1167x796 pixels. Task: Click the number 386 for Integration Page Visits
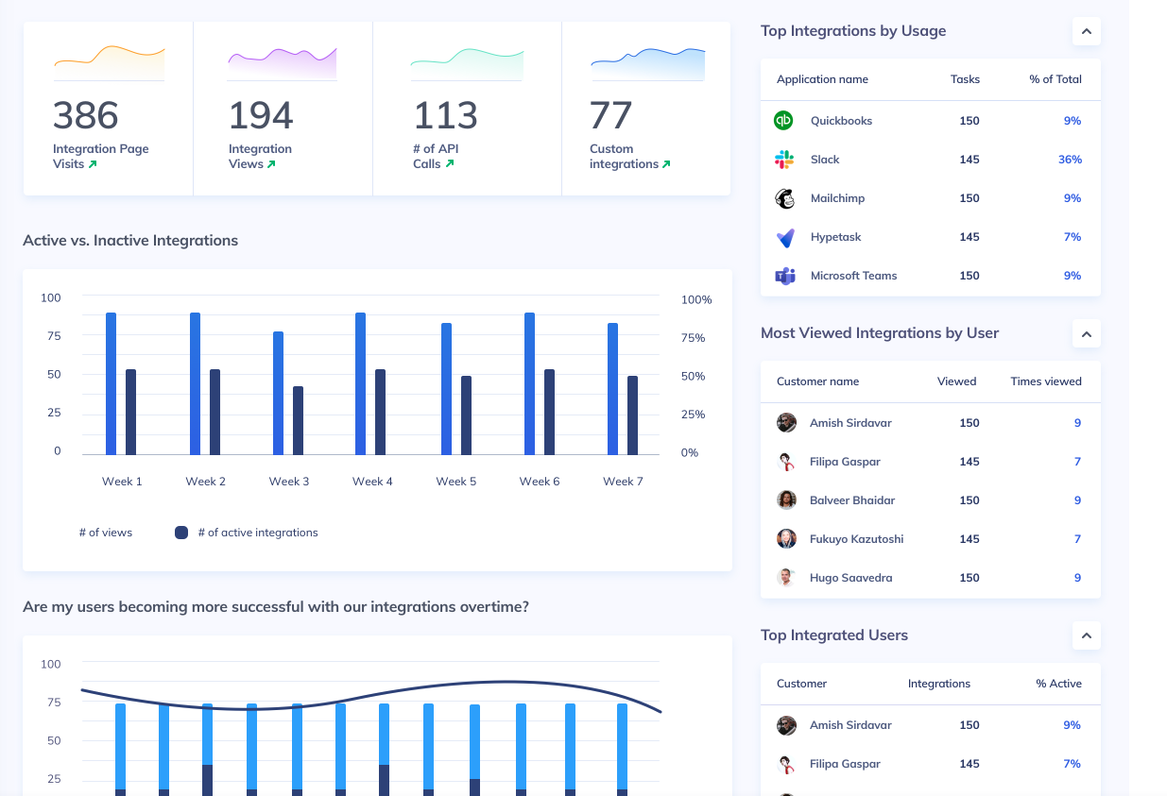pos(86,116)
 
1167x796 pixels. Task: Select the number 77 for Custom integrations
pos(610,116)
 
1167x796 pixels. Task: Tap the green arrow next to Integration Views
pos(271,164)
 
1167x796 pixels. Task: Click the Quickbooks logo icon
pos(784,121)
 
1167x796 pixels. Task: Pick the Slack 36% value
pos(1070,160)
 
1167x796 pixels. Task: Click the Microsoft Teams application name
pos(853,276)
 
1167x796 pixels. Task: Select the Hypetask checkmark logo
pos(784,237)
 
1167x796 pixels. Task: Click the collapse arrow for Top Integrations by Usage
pos(1087,31)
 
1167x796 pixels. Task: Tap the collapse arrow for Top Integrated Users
pos(1087,635)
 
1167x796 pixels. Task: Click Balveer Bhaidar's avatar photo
pos(786,500)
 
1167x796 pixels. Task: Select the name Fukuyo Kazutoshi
pos(856,539)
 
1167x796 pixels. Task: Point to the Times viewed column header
pos(1045,381)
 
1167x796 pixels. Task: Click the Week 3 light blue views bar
pos(278,393)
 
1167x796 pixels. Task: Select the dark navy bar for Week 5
pos(466,415)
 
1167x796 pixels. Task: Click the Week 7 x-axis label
pos(623,482)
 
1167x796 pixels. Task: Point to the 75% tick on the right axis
pos(693,338)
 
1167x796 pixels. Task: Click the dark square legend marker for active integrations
pos(181,533)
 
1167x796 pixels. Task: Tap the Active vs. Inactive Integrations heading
pos(130,241)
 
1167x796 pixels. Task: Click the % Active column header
pos(1058,684)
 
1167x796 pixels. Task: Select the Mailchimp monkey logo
pos(784,198)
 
